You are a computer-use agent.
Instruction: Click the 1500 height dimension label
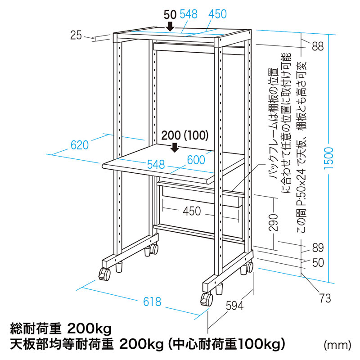tap(328, 158)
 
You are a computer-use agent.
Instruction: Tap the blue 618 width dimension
tap(152, 301)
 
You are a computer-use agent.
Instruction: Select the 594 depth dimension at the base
tap(234, 306)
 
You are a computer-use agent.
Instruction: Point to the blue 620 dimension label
tap(80, 145)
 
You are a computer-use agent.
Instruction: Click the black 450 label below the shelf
tap(192, 211)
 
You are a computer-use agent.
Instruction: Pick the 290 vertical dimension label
tap(273, 222)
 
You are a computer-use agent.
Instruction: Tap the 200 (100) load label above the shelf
tap(185, 135)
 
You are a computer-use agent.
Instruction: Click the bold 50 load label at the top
tap(170, 15)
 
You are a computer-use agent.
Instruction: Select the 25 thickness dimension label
tap(76, 36)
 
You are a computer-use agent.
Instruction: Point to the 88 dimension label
tap(318, 46)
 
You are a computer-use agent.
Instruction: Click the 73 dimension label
tap(325, 298)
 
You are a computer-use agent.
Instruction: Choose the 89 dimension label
tap(318, 247)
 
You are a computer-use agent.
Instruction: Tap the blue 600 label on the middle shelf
tap(196, 160)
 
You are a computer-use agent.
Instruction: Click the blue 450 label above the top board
tap(217, 14)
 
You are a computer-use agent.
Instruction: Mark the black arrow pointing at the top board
tap(170, 26)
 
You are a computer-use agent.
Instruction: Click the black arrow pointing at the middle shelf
tap(175, 147)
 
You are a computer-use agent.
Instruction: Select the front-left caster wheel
tap(104, 274)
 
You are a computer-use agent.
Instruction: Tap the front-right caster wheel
tap(207, 299)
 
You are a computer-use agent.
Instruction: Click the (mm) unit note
tap(337, 345)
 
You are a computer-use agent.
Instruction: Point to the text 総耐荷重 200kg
tap(61, 329)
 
